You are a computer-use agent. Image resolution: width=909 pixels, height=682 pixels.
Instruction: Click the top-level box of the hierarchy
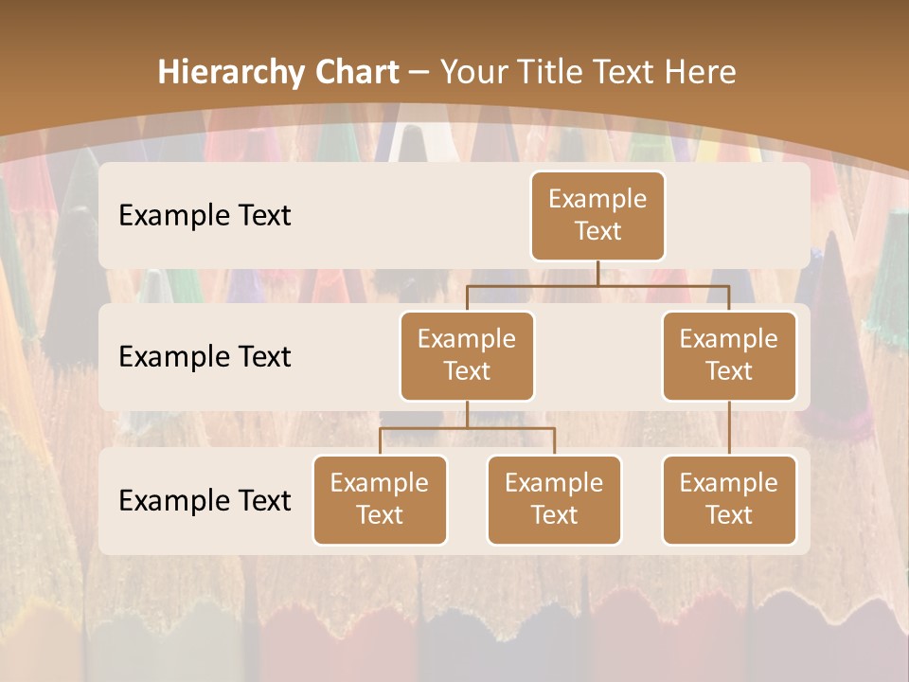pos(597,215)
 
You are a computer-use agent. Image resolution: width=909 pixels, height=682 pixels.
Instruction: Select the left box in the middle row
pos(467,355)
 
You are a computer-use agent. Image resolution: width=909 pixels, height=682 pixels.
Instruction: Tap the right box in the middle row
pos(729,355)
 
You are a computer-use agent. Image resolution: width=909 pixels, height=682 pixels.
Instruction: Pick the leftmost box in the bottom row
pos(380,499)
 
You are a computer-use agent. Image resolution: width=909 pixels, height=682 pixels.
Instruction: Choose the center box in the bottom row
pos(554,499)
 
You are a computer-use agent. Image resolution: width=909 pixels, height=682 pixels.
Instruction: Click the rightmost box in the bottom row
pos(729,499)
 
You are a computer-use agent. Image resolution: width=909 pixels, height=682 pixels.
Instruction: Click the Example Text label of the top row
pos(205,216)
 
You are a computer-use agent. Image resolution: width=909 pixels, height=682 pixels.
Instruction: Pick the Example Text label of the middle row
pos(205,357)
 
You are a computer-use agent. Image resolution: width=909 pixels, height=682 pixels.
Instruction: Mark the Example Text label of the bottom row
pos(205,501)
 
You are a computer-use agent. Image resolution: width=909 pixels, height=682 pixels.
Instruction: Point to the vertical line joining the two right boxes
pos(729,428)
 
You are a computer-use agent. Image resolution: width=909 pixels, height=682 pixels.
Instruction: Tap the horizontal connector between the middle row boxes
pos(597,284)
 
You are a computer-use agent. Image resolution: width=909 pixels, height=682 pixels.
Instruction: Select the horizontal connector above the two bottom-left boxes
pos(467,428)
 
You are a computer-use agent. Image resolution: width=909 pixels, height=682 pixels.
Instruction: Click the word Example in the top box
pos(597,199)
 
